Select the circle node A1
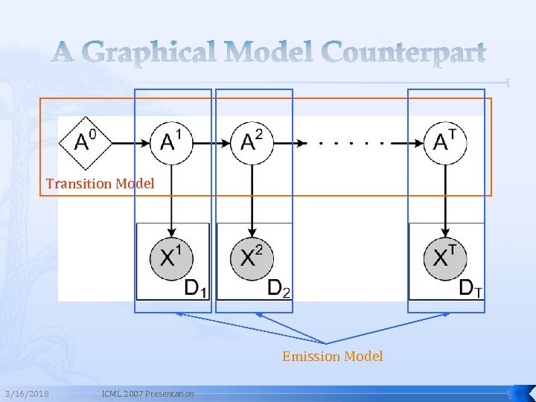pyautogui.click(x=172, y=141)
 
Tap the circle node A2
pyautogui.click(x=252, y=141)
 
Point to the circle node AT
pyautogui.click(x=445, y=141)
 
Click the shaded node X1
pyautogui.click(x=172, y=257)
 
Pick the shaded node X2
pyautogui.click(x=252, y=257)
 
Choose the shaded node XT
pyautogui.click(x=445, y=257)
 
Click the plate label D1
pyautogui.click(x=196, y=288)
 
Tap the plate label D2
pyautogui.click(x=278, y=288)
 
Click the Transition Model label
pyautogui.click(x=100, y=183)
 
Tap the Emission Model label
pyautogui.click(x=332, y=357)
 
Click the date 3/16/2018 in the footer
pyautogui.click(x=27, y=393)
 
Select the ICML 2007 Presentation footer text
pyautogui.click(x=147, y=393)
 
